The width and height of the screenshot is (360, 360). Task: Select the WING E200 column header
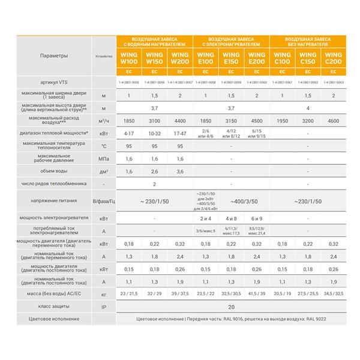tap(256, 59)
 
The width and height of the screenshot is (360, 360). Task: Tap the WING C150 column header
tap(307, 59)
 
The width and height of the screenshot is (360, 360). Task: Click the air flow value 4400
tap(180, 121)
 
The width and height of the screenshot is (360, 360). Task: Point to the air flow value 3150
tap(231, 121)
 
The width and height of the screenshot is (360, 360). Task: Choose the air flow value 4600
tap(333, 121)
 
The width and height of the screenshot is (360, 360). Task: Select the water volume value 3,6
tap(180, 171)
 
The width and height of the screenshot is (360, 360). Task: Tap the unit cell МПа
tap(104, 158)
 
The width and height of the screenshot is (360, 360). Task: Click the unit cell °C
tap(104, 146)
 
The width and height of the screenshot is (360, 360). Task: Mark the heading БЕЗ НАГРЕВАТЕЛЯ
tap(307, 44)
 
